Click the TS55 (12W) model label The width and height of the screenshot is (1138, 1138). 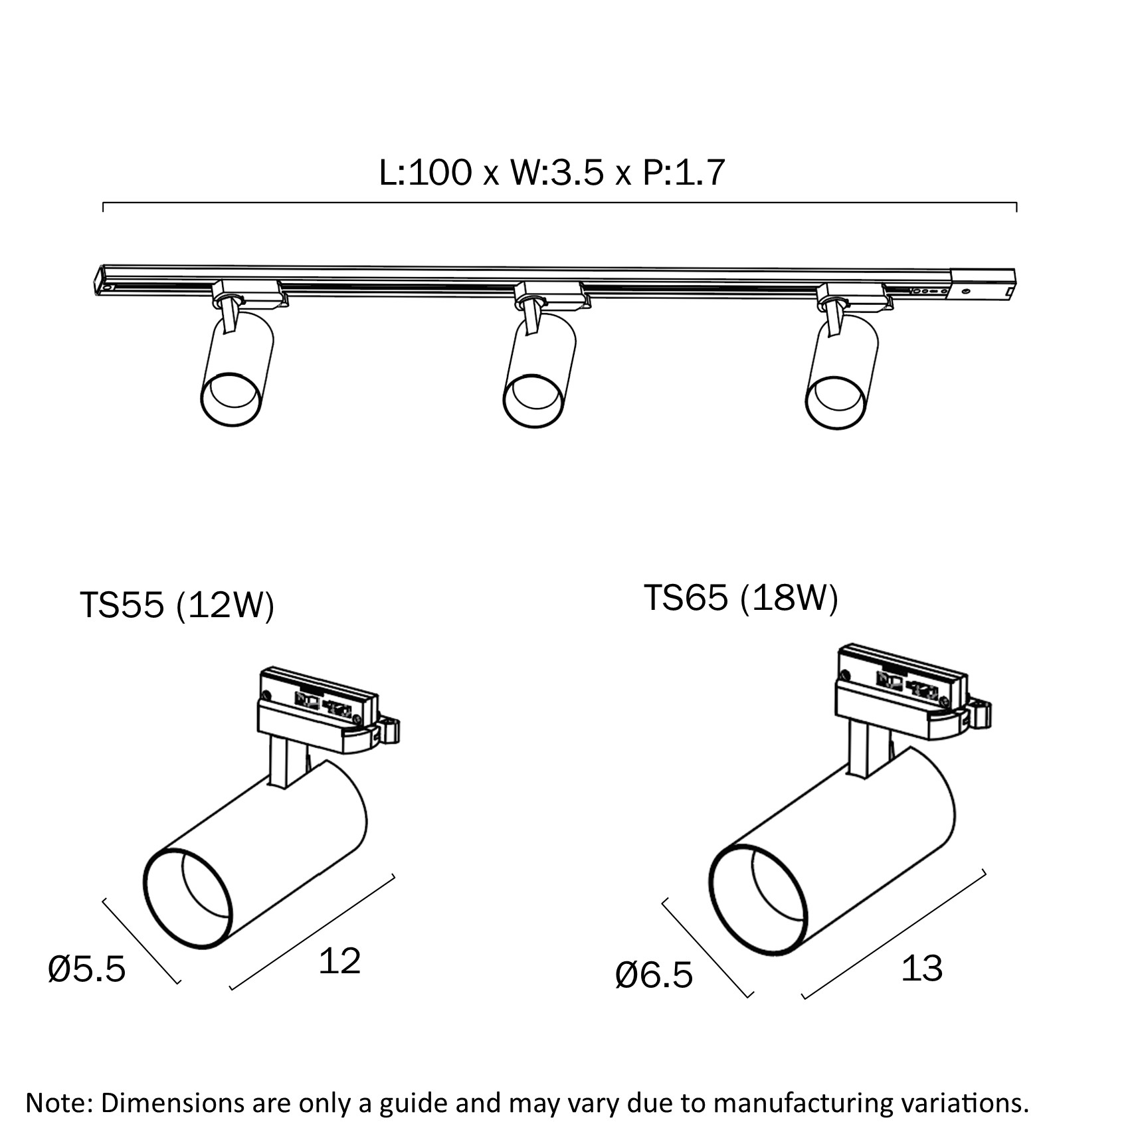(177, 605)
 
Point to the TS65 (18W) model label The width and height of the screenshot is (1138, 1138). (741, 598)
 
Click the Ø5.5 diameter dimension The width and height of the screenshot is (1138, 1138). (87, 970)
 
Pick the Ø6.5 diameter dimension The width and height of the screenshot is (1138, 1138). (654, 975)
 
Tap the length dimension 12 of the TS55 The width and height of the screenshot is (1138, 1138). (339, 961)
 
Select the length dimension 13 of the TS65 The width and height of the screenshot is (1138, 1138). (921, 969)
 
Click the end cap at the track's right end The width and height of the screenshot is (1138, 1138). (983, 284)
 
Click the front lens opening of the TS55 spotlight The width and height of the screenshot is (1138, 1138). (189, 900)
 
